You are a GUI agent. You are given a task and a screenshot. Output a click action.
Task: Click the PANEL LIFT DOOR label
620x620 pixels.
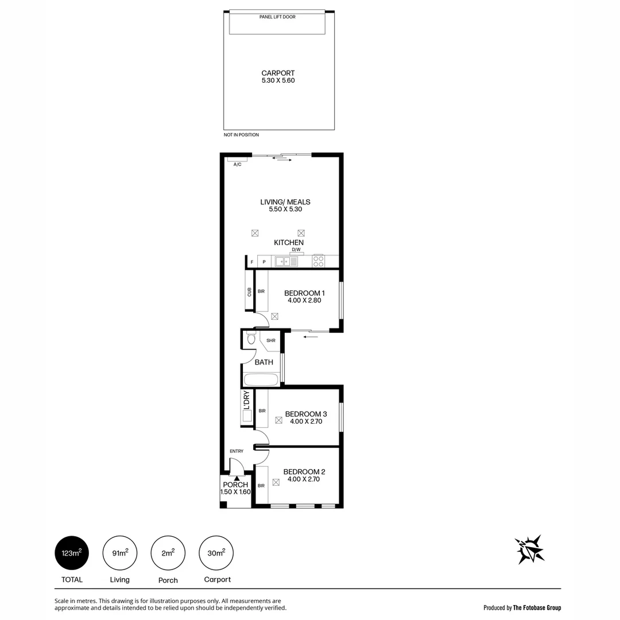[x=278, y=17]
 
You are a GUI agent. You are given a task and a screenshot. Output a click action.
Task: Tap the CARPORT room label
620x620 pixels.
[x=278, y=73]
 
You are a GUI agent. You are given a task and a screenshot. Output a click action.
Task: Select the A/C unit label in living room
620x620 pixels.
[x=237, y=164]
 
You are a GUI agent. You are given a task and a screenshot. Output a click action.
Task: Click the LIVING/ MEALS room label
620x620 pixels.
[x=285, y=202]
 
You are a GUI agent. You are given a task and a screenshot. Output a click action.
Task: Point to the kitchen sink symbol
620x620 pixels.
[x=286, y=262]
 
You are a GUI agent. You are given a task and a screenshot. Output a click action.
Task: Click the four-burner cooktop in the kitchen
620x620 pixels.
[x=318, y=262]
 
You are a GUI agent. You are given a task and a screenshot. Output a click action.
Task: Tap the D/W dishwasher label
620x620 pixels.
[x=296, y=250]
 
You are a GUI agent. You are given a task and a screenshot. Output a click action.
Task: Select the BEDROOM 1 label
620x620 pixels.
[x=304, y=293]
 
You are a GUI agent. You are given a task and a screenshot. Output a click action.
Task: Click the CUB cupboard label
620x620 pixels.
[x=249, y=292]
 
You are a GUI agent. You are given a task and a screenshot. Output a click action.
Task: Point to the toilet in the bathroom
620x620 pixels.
[x=251, y=339]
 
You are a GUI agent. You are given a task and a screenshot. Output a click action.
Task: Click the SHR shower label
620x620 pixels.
[x=271, y=340]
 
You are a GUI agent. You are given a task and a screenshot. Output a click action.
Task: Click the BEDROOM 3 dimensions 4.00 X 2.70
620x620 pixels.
[x=306, y=421]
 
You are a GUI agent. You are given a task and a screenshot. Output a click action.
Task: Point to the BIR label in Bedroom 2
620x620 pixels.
[x=261, y=486]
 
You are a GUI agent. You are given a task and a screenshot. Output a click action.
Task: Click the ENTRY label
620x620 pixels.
[x=237, y=451]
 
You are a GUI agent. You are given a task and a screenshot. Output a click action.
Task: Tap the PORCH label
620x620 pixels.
[x=235, y=485]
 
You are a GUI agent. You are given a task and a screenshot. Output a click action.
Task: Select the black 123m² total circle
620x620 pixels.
[x=72, y=553]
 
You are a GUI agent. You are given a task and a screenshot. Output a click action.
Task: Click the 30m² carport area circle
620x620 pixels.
[x=216, y=553]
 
